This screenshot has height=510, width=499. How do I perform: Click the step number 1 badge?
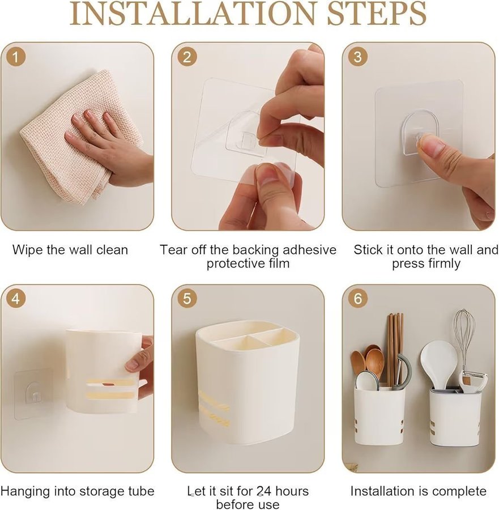[x=16, y=57]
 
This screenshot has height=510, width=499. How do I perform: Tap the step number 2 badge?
[x=187, y=57]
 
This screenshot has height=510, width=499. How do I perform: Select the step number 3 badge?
[x=357, y=57]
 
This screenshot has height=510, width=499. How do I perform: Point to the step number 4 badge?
[x=16, y=299]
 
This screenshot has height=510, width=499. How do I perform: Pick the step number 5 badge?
[x=187, y=299]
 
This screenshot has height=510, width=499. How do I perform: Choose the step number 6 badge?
[x=357, y=299]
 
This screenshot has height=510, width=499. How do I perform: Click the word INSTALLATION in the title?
[x=192, y=14]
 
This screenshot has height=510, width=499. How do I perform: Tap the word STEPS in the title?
[x=377, y=14]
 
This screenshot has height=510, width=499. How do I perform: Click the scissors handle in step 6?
[x=403, y=371]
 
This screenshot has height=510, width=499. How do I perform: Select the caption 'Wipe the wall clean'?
[x=70, y=250]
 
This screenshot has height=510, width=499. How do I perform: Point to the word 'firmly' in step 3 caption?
[x=442, y=263]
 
